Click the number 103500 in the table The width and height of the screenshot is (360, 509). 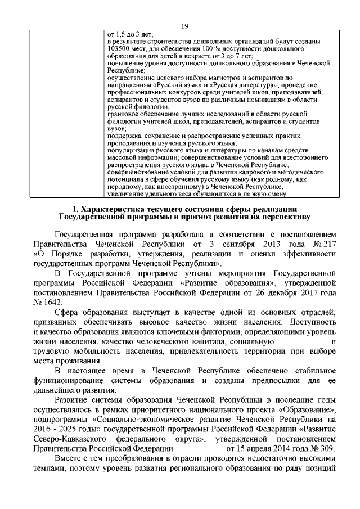pyautogui.click(x=119, y=49)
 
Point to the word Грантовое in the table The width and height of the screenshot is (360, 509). pyautogui.click(x=123, y=114)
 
